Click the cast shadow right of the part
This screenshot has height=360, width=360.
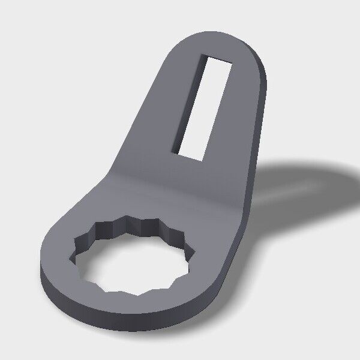tap(300, 180)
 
